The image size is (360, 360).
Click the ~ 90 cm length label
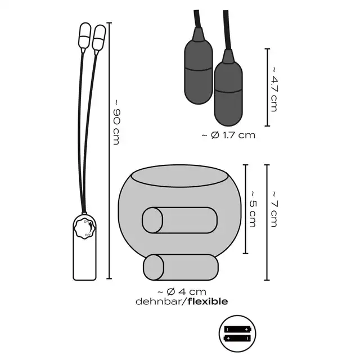(117, 122)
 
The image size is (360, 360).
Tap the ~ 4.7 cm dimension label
(274, 89)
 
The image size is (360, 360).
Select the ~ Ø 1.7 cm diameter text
(228, 135)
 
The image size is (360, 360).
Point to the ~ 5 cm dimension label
(253, 209)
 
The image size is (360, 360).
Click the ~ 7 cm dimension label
(274, 209)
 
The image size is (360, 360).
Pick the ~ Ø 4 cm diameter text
(182, 291)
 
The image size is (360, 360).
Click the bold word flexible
(208, 301)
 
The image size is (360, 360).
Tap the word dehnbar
(158, 301)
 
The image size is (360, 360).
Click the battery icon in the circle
(237, 334)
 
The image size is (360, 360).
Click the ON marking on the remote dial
(86, 222)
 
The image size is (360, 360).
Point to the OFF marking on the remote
(88, 235)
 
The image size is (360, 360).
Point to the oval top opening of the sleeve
(179, 176)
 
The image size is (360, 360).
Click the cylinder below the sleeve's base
(181, 267)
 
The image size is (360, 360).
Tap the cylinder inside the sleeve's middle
(179, 220)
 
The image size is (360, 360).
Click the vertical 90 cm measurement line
(109, 151)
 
